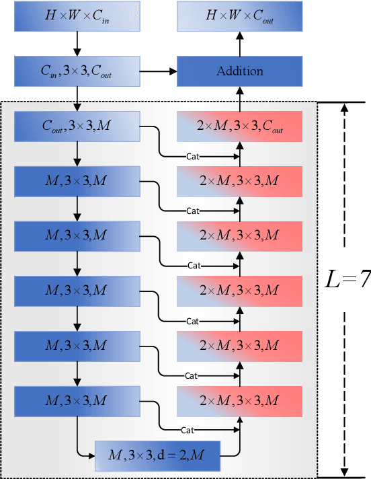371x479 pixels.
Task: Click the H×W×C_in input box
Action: (x=77, y=17)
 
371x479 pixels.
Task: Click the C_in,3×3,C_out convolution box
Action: (x=77, y=71)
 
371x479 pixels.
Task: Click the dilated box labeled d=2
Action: (x=158, y=457)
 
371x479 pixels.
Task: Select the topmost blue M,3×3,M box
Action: (x=77, y=181)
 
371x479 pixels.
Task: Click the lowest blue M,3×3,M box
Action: (x=77, y=401)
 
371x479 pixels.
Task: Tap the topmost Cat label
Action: (x=194, y=156)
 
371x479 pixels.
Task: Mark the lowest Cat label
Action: (x=189, y=430)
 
